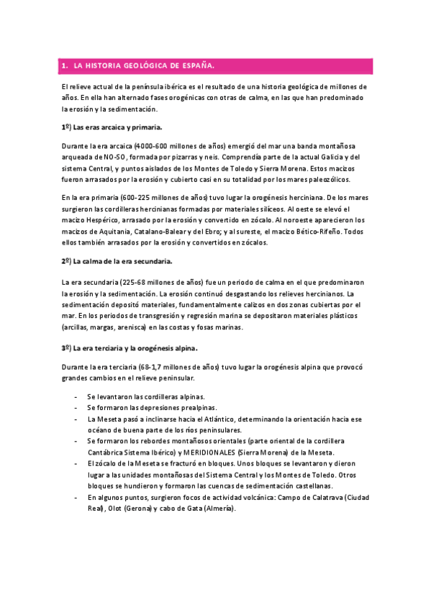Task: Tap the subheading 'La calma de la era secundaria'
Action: (x=122, y=261)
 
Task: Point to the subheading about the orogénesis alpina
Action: (x=130, y=349)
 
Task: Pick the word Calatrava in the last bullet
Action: (x=317, y=497)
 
